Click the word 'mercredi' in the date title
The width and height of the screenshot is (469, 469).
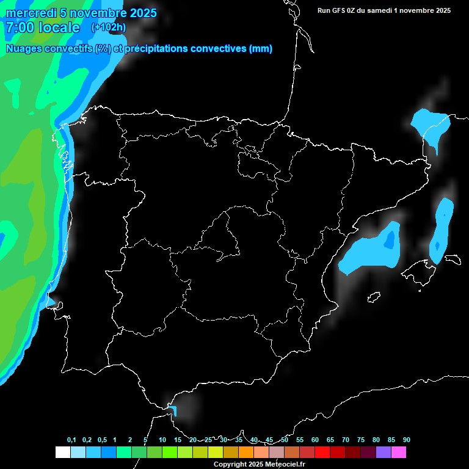pyautogui.click(x=31, y=13)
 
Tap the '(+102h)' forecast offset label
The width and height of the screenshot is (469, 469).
pyautogui.click(x=109, y=27)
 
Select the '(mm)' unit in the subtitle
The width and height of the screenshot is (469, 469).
pyautogui.click(x=261, y=49)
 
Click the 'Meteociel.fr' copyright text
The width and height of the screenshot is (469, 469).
pyautogui.click(x=283, y=465)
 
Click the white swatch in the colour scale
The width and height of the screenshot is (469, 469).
pyautogui.click(x=62, y=452)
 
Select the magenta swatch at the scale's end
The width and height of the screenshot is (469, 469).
pyautogui.click(x=398, y=452)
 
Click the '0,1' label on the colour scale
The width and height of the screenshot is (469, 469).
pyautogui.click(x=71, y=440)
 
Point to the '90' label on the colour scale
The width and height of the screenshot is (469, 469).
pyautogui.click(x=407, y=440)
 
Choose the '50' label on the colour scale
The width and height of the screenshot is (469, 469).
pyautogui.click(x=285, y=440)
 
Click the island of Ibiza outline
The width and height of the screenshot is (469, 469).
pyautogui.click(x=374, y=297)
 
